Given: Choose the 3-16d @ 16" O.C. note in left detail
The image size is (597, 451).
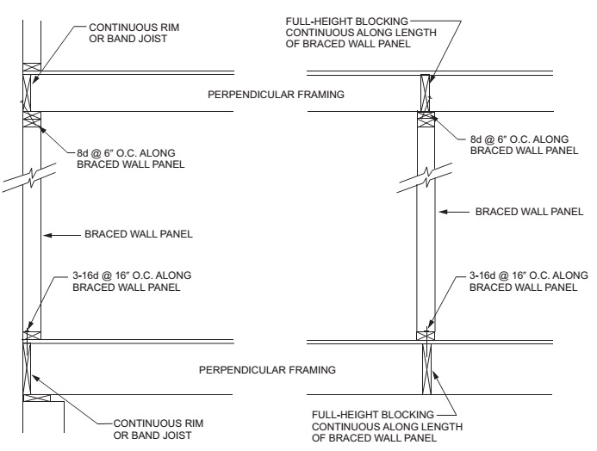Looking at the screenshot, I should click(x=134, y=281).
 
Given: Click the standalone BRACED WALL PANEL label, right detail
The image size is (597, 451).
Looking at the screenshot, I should click(x=525, y=211).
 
